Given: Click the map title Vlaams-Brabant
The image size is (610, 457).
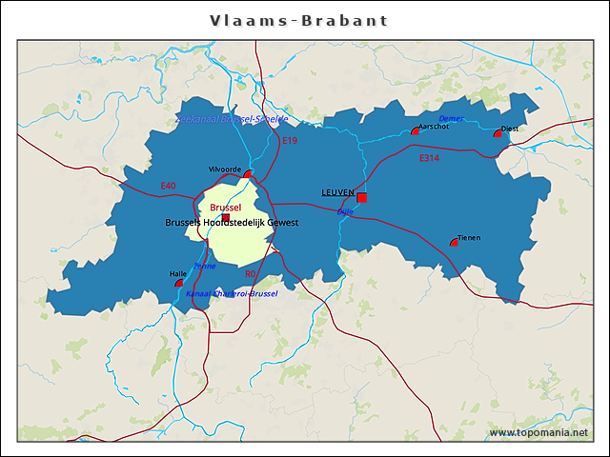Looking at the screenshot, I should (298, 20).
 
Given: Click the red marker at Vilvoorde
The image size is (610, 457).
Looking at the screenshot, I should (248, 174).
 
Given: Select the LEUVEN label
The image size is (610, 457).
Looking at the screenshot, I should (337, 192).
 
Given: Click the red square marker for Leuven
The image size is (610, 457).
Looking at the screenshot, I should (362, 198).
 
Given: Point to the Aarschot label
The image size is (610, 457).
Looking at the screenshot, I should (434, 126).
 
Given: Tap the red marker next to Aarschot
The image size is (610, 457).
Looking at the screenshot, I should (415, 131).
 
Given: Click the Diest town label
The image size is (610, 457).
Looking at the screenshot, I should (510, 129).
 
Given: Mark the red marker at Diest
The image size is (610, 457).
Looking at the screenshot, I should (498, 134).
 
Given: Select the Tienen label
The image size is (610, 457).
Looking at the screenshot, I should (468, 237).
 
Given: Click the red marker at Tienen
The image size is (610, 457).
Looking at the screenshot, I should (454, 243).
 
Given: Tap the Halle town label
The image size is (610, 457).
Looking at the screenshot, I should (177, 274).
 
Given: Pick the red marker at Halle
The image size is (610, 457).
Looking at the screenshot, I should (179, 283).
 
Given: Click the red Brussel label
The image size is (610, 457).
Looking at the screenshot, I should (226, 207).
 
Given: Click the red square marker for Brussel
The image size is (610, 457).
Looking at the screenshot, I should (226, 219).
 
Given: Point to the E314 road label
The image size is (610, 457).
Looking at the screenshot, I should (429, 158).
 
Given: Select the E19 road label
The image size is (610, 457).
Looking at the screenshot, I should (291, 141).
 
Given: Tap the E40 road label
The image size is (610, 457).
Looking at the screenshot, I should (168, 185).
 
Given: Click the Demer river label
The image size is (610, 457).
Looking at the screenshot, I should (451, 118).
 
